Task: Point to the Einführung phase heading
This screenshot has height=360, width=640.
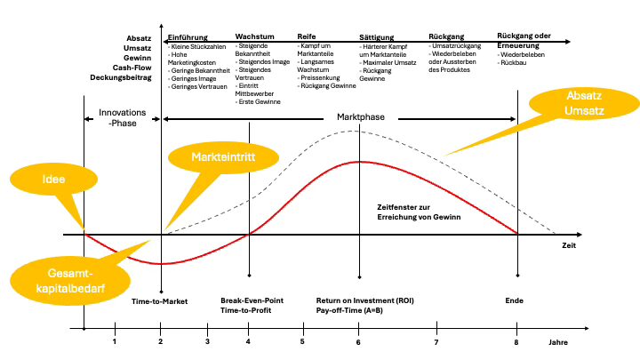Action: (x=188, y=36)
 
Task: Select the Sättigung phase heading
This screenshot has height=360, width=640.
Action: (x=375, y=36)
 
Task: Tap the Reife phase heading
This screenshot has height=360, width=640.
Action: (x=307, y=36)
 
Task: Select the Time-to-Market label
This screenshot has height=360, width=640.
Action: (x=160, y=302)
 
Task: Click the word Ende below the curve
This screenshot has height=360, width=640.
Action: (x=516, y=302)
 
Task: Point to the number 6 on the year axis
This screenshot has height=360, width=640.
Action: (x=359, y=342)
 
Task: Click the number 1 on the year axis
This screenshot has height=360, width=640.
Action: (x=115, y=342)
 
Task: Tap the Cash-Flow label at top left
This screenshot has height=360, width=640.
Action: (x=130, y=68)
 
